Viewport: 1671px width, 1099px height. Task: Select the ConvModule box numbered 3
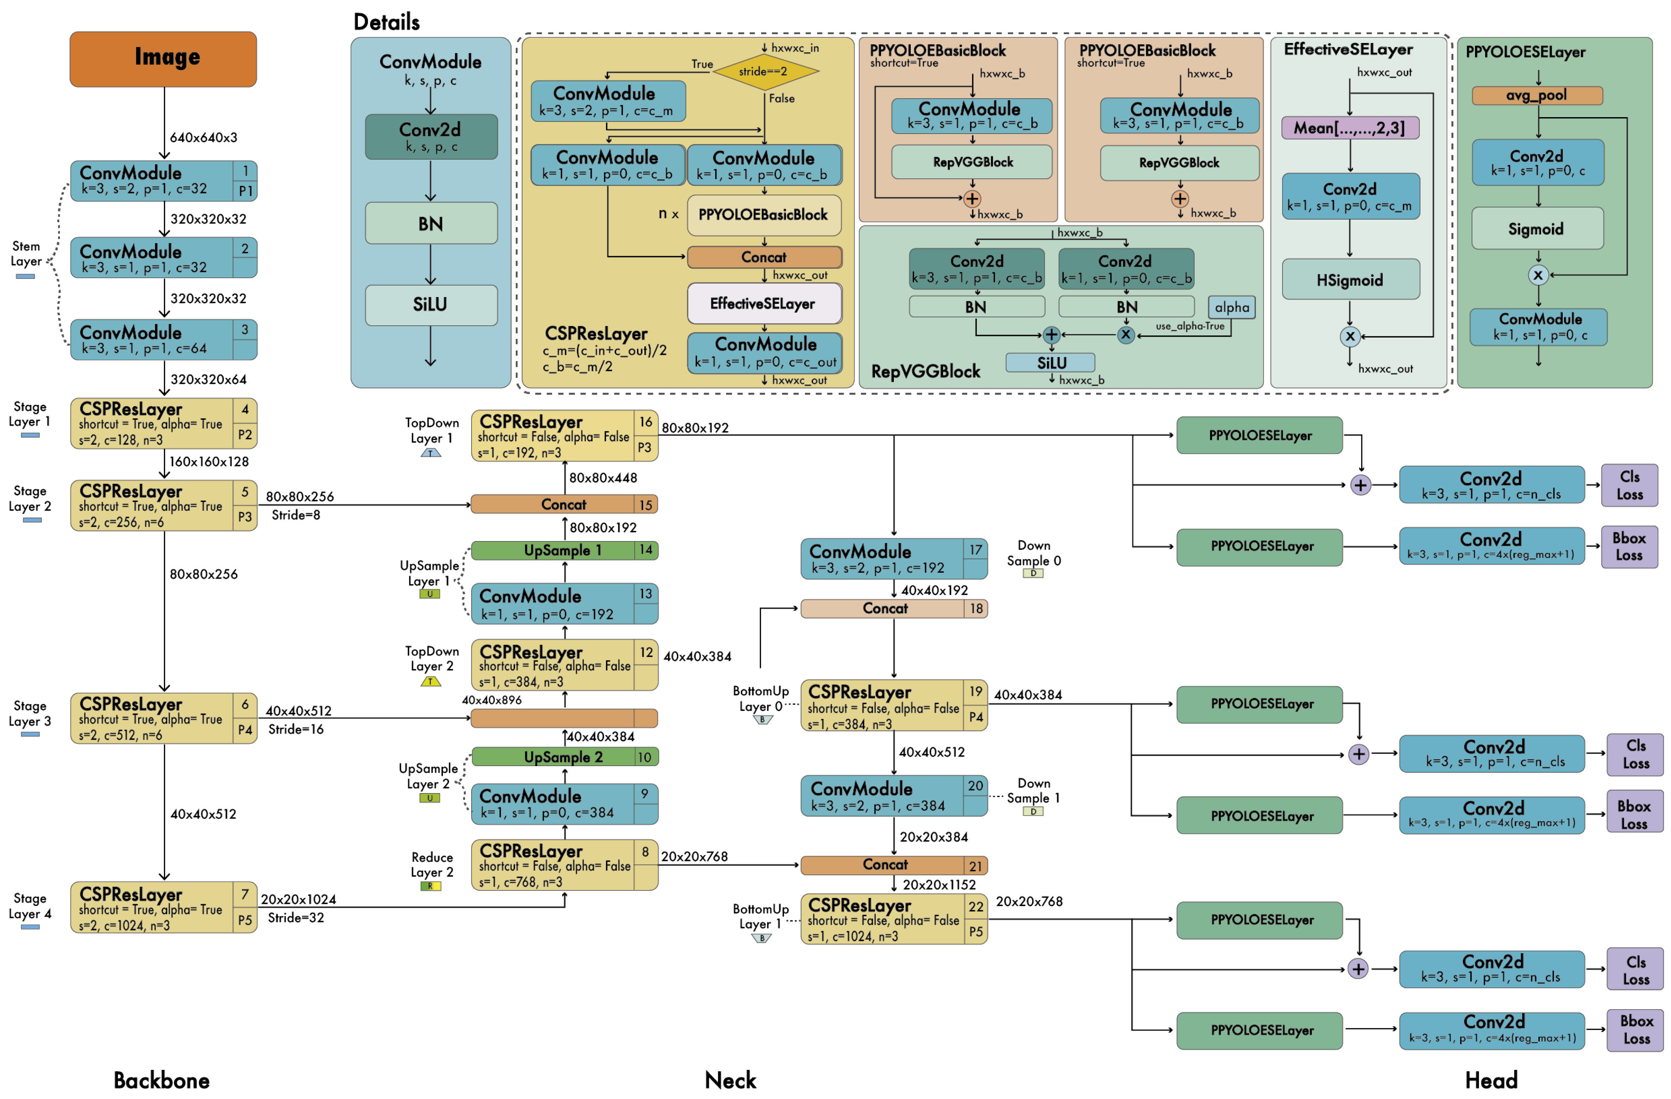[163, 339]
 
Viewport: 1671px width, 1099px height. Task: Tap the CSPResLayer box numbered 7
[163, 907]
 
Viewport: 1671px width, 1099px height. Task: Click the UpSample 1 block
[563, 550]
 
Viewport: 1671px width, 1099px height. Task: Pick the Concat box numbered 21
[893, 865]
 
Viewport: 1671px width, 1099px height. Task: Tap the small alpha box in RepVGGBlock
[1231, 307]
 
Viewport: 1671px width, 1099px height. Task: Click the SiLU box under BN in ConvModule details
[430, 305]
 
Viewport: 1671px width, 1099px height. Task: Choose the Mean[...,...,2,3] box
[1349, 128]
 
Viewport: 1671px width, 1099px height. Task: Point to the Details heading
[386, 22]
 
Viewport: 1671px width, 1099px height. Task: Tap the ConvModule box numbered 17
[893, 559]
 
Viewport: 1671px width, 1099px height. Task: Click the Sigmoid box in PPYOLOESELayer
[1536, 229]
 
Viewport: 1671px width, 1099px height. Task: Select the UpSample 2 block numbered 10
[563, 757]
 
